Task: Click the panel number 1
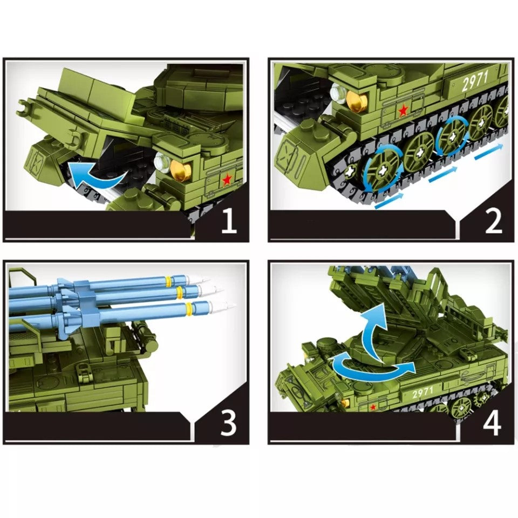point(229,222)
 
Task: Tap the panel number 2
point(493,222)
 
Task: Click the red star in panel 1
point(227,179)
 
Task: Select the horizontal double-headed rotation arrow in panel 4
point(373,368)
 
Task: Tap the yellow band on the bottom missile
point(189,309)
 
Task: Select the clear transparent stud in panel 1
point(161,160)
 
